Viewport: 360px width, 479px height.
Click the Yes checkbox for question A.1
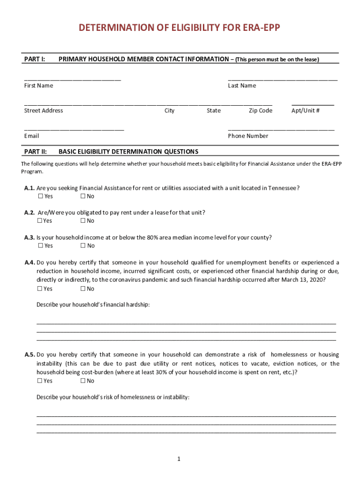tap(40, 196)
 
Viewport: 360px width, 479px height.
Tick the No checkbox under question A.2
tap(83, 221)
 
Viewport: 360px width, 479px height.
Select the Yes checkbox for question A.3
tap(40, 246)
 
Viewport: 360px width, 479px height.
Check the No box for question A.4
tap(83, 289)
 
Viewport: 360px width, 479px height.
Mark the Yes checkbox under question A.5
tap(40, 381)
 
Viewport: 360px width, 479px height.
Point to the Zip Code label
tap(260, 111)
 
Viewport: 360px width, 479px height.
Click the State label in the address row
tap(214, 111)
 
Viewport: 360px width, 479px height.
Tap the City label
tap(169, 111)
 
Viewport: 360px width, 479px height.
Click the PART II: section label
tap(36, 152)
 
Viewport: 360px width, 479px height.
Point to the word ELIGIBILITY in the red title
tap(184, 28)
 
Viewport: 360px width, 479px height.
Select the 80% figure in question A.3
tap(153, 238)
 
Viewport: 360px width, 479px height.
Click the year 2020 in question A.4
tap(317, 280)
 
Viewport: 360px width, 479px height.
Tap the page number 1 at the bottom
tap(179, 459)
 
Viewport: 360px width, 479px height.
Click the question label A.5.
tap(29, 355)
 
